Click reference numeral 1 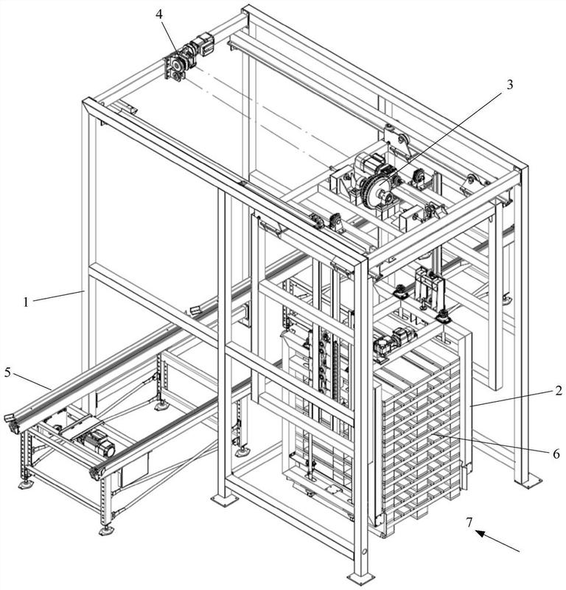[26, 302]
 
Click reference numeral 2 [559, 391]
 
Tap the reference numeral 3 [509, 85]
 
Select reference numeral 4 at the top [159, 14]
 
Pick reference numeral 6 [556, 454]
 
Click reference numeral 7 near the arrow [469, 522]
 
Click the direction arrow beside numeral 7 [497, 541]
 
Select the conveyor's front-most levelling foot [107, 530]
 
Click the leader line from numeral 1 [58, 296]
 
